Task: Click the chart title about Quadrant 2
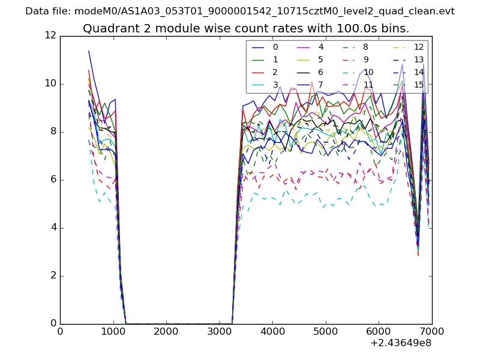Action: [x=246, y=29]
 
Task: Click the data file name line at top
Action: [x=240, y=11]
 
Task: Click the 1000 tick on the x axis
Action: [x=113, y=332]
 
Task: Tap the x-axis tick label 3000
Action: [x=219, y=332]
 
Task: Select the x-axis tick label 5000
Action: [x=325, y=332]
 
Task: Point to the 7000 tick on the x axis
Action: [x=431, y=332]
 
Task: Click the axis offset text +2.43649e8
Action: [x=401, y=343]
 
